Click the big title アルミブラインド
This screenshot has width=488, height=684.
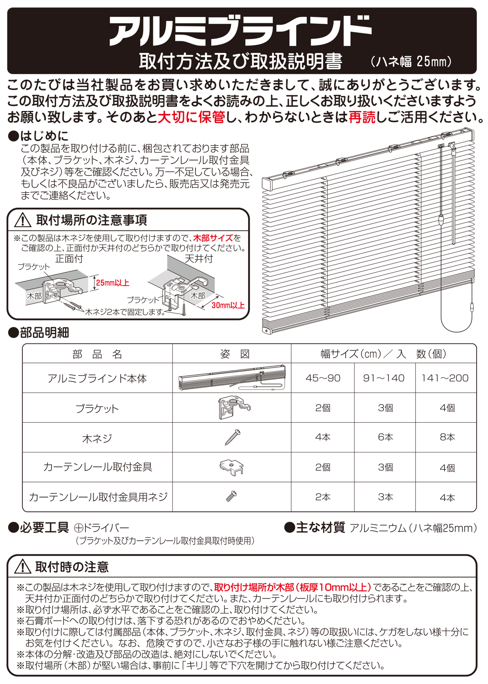(x=240, y=31)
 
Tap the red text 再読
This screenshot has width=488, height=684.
(x=362, y=117)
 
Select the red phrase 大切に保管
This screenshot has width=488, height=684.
(x=191, y=117)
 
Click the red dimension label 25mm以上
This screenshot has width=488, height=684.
(x=113, y=283)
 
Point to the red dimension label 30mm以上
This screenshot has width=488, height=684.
(x=228, y=305)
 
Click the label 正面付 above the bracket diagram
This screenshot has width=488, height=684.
(x=69, y=259)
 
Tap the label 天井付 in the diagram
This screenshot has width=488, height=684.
(x=198, y=259)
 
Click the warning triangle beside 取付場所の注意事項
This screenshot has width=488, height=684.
(x=23, y=220)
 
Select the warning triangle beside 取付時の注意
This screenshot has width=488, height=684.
(x=23, y=567)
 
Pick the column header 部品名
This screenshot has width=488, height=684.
(x=97, y=354)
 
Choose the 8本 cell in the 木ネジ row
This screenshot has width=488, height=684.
(x=447, y=437)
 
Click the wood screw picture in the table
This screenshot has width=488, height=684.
(x=233, y=437)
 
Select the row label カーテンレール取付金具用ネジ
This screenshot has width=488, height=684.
(x=98, y=497)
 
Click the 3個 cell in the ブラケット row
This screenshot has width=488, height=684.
(x=386, y=408)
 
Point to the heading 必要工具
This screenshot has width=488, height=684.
(x=44, y=528)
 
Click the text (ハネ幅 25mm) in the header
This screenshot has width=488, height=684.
(x=411, y=62)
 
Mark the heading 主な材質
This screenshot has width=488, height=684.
(x=320, y=528)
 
